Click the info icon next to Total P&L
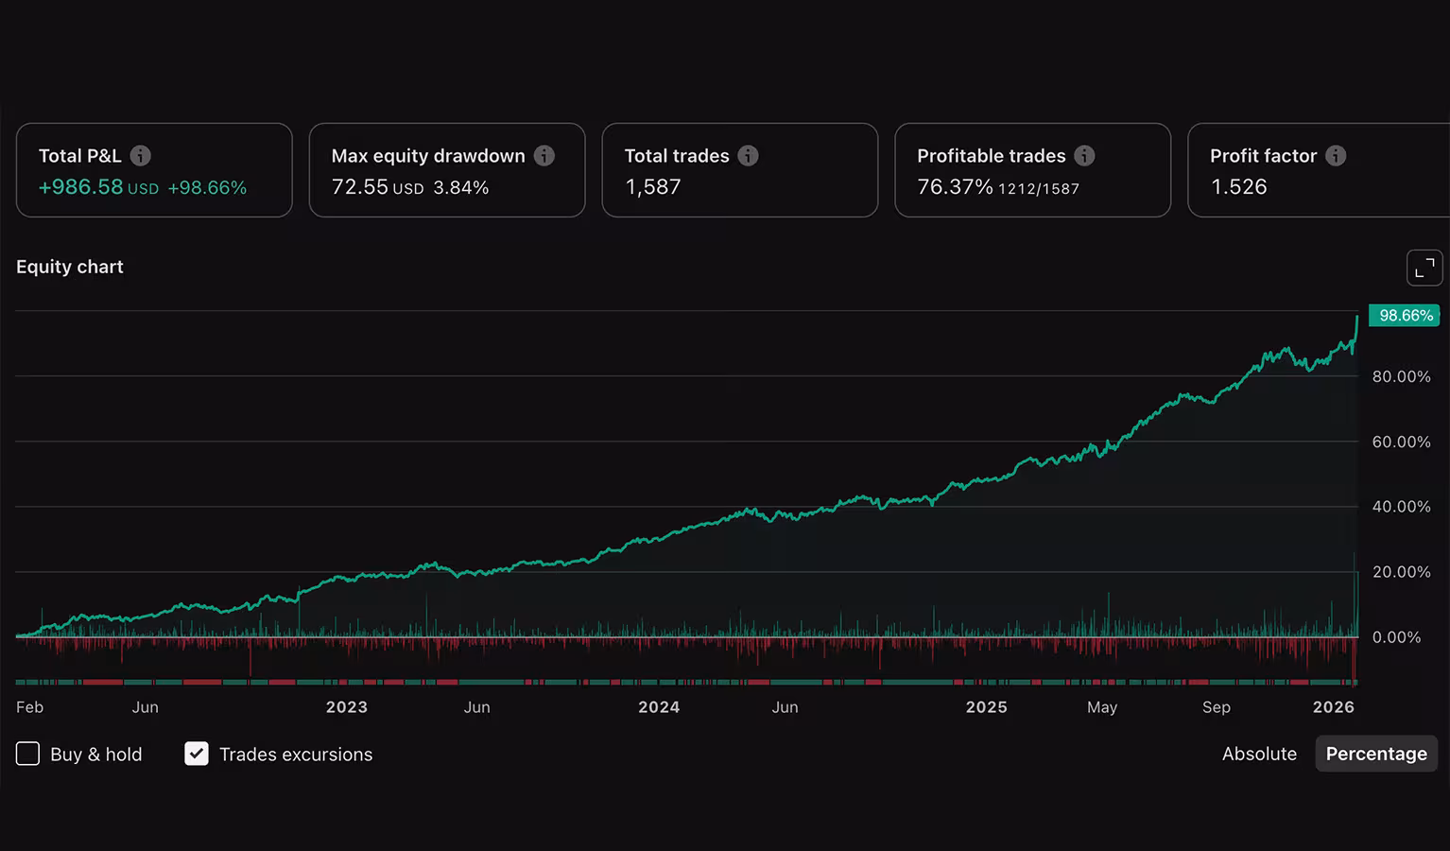[x=140, y=156]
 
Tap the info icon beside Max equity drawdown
[x=544, y=156]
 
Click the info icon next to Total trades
[x=748, y=156]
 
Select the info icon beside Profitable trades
[x=1084, y=156]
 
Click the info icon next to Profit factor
[x=1336, y=156]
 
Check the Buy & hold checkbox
[x=28, y=754]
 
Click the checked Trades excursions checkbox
[x=197, y=754]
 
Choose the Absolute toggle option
[x=1259, y=754]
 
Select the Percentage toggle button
[x=1376, y=754]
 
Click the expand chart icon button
[x=1424, y=268]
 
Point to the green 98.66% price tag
[x=1405, y=316]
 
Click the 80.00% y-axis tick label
[x=1401, y=376]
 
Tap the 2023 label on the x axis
[x=346, y=707]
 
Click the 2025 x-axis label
[x=986, y=707]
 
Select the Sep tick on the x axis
[x=1216, y=707]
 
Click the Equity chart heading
[x=70, y=267]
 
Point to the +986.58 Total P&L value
[x=80, y=187]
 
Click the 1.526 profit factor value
[x=1238, y=187]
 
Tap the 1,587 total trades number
[x=652, y=187]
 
